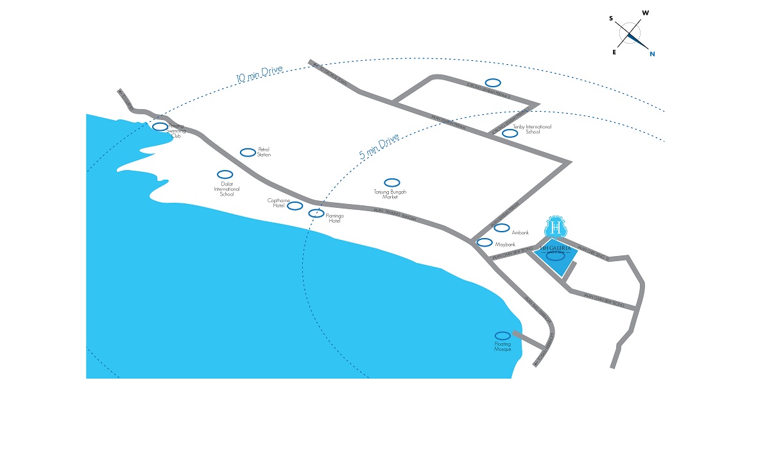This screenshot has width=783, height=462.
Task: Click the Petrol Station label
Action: click(264, 152)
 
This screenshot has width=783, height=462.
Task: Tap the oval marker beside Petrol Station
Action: click(247, 152)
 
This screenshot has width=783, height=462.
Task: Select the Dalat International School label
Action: click(227, 189)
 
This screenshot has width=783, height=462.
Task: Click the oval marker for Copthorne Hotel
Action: click(295, 206)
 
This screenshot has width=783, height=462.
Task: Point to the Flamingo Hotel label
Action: click(334, 218)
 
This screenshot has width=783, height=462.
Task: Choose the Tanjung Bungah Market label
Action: click(390, 194)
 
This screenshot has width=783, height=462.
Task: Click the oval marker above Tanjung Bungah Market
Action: click(391, 183)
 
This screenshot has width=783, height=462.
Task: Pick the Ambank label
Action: click(520, 233)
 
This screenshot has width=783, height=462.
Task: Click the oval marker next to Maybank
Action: click(485, 243)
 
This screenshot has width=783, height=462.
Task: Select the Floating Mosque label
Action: click(503, 346)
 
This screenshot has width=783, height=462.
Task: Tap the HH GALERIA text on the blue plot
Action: click(555, 247)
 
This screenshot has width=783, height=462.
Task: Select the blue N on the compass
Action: click(652, 54)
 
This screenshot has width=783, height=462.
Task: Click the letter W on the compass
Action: click(646, 13)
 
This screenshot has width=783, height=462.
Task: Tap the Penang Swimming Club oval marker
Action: click(160, 126)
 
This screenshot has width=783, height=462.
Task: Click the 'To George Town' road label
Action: click(126, 99)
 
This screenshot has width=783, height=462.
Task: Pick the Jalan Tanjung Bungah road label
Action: click(395, 214)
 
